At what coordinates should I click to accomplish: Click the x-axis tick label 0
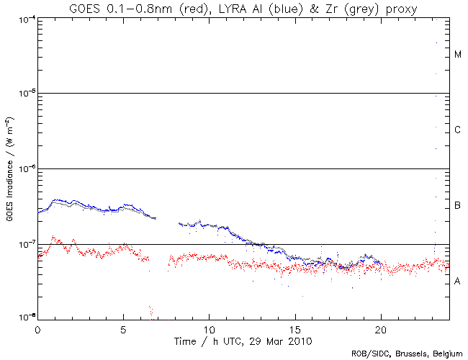tap(37, 328)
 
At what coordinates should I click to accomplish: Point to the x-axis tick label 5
tap(123, 328)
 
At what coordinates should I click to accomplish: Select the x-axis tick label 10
tap(209, 328)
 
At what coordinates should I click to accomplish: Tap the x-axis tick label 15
tap(294, 328)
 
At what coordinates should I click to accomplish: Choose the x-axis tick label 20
tap(380, 328)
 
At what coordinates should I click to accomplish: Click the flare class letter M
tap(457, 55)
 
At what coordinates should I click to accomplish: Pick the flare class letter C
tap(457, 130)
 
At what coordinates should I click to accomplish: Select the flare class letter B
tap(457, 206)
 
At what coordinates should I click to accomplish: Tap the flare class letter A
tap(457, 281)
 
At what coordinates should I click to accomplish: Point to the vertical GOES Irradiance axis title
tap(9, 169)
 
